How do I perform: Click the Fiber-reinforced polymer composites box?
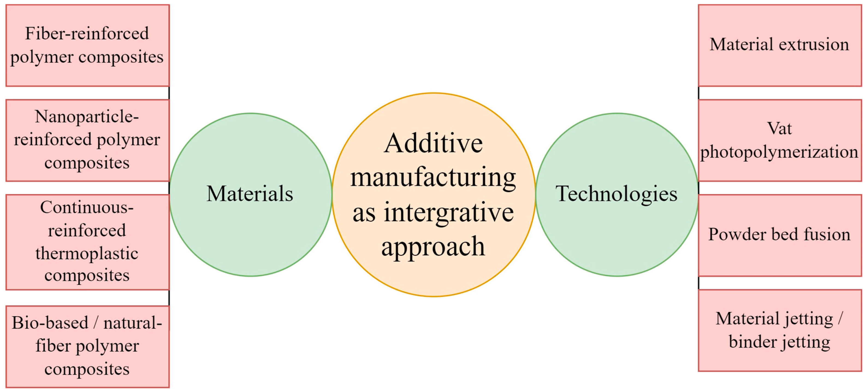click(x=87, y=45)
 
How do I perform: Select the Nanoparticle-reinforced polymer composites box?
click(x=87, y=140)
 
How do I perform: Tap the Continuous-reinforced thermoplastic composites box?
click(x=87, y=242)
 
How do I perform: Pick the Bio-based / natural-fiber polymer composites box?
click(x=87, y=346)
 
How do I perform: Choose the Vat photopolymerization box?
click(x=780, y=140)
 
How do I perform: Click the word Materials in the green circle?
click(x=250, y=194)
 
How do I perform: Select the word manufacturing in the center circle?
click(x=433, y=178)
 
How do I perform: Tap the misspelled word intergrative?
click(x=449, y=213)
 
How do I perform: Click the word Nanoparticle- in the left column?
click(x=87, y=117)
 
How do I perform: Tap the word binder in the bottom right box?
click(x=753, y=342)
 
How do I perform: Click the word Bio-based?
click(x=50, y=323)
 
